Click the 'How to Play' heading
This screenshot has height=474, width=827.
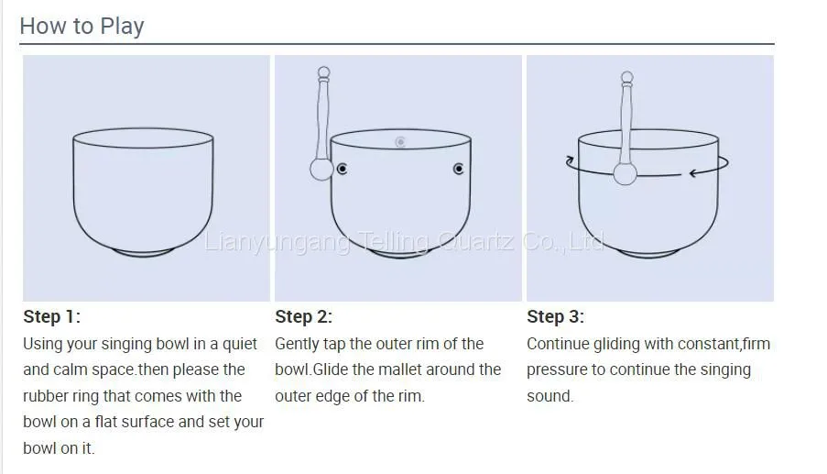click(82, 26)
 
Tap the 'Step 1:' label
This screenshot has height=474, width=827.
click(51, 316)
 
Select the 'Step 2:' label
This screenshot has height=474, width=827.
click(303, 316)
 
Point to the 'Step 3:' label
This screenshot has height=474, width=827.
click(555, 316)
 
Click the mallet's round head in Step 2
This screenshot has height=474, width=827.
click(321, 170)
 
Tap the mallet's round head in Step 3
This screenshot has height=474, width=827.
click(625, 173)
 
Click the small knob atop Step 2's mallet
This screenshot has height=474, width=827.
click(324, 72)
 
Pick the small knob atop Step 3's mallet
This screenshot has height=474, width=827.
click(627, 78)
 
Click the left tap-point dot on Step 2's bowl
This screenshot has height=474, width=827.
click(343, 169)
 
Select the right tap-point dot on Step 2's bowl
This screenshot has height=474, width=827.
click(458, 169)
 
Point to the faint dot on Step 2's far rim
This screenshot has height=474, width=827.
click(400, 142)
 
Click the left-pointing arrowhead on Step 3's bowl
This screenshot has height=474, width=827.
click(694, 172)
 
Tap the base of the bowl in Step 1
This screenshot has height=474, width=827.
click(144, 253)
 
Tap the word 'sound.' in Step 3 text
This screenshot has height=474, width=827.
click(550, 396)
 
